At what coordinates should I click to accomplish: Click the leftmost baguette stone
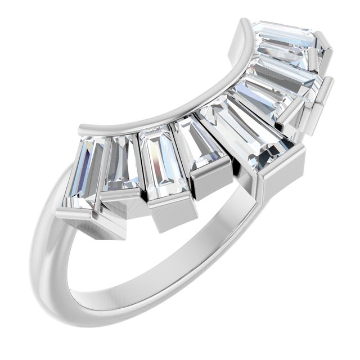coord(84,172)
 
